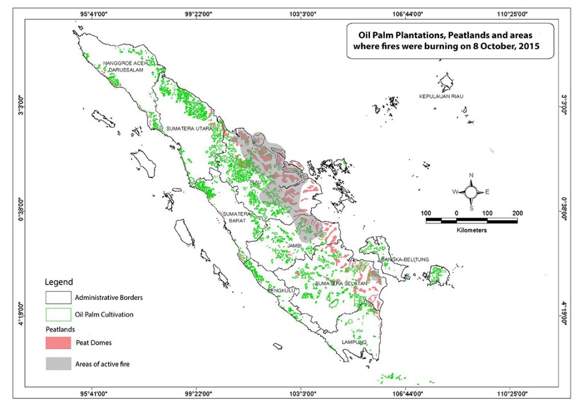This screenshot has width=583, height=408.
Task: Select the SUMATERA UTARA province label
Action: point(188,129)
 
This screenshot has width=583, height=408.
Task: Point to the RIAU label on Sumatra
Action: point(256,182)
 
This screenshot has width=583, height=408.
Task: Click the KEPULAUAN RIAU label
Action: point(441,97)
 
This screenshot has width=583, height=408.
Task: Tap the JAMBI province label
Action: point(294,245)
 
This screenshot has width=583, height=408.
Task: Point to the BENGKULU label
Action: point(280,290)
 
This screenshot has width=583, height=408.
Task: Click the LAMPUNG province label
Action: point(354,342)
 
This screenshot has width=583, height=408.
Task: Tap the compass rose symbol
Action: point(471,192)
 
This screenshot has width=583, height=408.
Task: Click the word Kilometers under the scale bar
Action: point(471,231)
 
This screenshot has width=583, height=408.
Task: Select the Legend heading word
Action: point(59,282)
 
